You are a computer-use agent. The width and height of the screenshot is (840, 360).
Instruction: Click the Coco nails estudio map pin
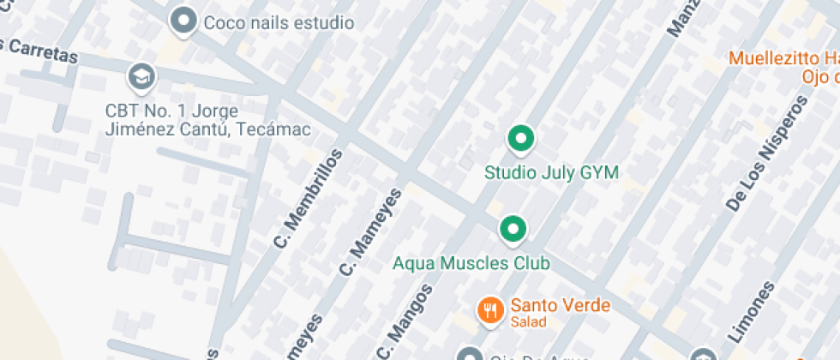183,21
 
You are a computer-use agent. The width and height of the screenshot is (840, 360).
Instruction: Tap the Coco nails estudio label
279,22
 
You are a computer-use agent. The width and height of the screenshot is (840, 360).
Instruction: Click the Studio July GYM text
551,173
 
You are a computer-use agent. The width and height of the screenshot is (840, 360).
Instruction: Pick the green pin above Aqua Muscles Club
513,229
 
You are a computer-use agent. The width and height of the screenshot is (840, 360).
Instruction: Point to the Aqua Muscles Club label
471,263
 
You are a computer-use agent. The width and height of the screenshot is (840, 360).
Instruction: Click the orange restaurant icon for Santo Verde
489,309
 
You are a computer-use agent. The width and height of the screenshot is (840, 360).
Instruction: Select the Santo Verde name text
561,305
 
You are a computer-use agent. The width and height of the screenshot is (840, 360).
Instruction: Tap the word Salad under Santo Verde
529,322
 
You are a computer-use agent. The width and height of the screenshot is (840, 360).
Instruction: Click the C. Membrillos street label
308,199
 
